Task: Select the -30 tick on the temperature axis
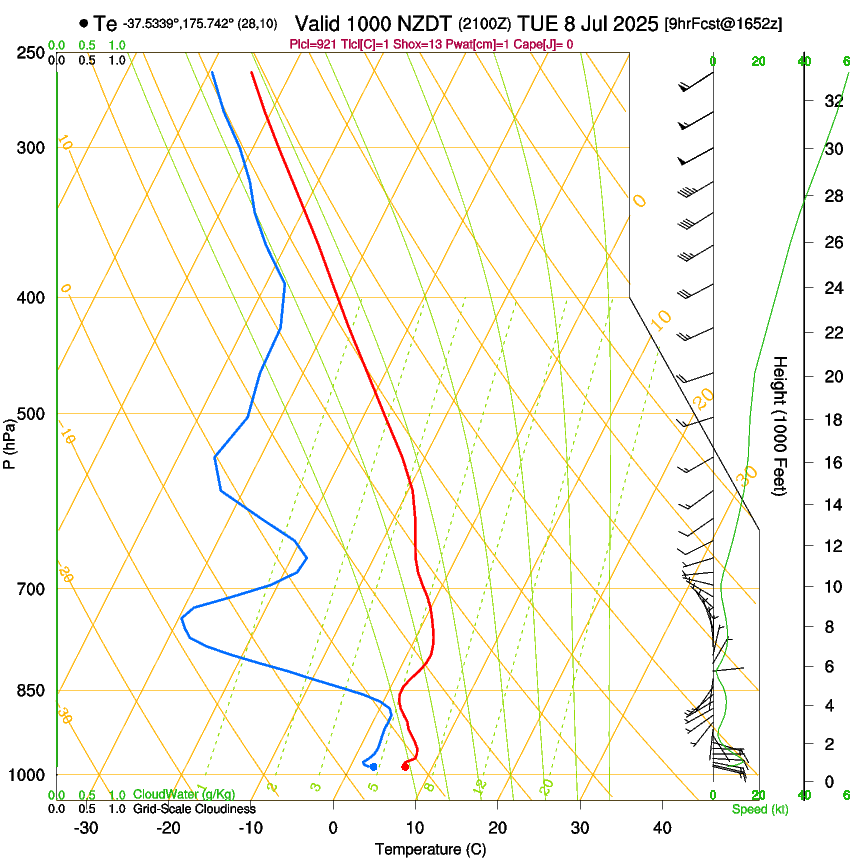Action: tap(86, 827)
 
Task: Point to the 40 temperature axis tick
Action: tap(662, 827)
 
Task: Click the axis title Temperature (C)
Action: tap(430, 849)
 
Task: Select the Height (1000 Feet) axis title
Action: tap(780, 425)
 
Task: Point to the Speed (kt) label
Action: tap(759, 809)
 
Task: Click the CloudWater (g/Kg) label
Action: tap(170, 794)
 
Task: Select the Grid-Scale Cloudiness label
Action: tap(194, 808)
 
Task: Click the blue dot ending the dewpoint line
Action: tap(373, 767)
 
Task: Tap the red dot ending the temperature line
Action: tap(405, 766)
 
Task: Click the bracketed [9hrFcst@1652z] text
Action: tap(721, 23)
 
